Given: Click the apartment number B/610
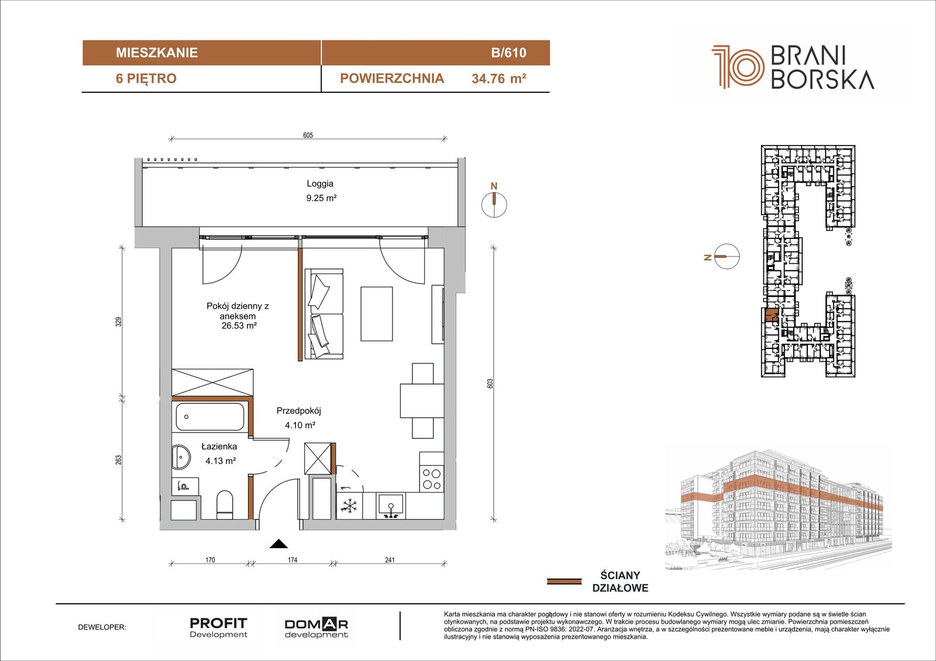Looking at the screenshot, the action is tap(508, 53).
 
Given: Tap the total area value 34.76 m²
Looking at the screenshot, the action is tap(498, 78).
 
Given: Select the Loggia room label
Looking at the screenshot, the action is tap(319, 184).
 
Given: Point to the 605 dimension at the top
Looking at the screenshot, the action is tap(308, 135).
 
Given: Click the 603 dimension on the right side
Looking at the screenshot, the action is tap(490, 383).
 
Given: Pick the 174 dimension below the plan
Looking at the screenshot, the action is tap(292, 559).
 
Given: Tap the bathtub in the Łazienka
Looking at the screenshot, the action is tap(210, 417).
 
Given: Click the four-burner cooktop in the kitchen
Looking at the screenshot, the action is tap(431, 479).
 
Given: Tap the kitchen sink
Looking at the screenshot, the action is tap(391, 506).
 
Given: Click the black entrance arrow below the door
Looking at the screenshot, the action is tap(278, 544).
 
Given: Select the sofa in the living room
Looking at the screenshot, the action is tap(324, 314).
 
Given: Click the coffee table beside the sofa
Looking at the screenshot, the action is tap(377, 314).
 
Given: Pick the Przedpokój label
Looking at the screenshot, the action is tap(298, 411).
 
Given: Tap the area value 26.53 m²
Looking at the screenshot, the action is tap(239, 326).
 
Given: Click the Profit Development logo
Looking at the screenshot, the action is tap(219, 628).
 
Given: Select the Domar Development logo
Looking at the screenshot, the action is tap(316, 628).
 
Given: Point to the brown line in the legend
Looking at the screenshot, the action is tap(564, 582).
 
